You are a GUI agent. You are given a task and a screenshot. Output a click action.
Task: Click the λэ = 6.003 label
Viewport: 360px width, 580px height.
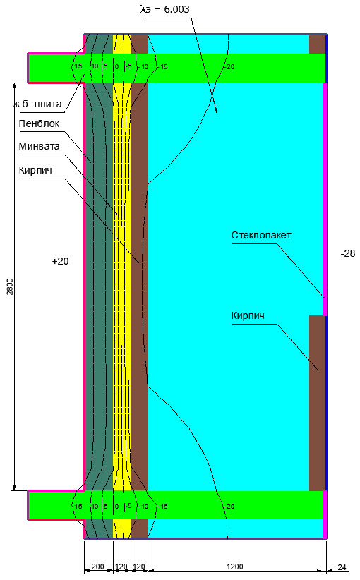165,9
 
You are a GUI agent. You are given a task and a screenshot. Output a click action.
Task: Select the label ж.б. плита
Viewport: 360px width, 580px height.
37,104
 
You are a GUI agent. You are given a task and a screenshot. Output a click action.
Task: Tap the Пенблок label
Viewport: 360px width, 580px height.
39,123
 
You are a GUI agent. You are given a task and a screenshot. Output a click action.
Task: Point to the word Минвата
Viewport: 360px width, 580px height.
40,146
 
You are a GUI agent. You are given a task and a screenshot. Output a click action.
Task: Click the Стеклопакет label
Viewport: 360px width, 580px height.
261,235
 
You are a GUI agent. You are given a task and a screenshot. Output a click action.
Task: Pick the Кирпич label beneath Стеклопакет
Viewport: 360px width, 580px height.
248,316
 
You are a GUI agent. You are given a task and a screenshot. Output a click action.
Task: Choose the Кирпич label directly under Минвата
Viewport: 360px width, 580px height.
35,171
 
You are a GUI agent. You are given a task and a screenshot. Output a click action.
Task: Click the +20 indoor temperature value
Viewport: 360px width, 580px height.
60,262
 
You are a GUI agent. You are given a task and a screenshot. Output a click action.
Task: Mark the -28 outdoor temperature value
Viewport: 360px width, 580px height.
348,254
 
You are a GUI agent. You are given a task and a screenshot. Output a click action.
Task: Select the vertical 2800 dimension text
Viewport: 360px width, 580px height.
10,286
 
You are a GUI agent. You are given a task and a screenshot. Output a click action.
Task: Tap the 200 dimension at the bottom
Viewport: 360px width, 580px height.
97,567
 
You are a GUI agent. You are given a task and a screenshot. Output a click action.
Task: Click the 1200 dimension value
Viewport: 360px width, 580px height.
234,567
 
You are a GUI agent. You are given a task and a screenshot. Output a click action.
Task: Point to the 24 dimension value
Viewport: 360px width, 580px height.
342,567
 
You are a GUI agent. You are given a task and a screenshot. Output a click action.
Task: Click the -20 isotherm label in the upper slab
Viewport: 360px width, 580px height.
229,67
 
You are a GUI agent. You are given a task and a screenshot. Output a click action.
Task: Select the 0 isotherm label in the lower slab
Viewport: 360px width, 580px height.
116,507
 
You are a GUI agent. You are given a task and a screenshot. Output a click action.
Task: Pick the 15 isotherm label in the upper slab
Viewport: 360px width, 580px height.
78,66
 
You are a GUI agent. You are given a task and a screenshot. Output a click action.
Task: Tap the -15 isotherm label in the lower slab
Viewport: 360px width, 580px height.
162,507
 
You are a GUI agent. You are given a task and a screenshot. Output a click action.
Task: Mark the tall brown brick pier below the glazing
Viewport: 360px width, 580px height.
317,403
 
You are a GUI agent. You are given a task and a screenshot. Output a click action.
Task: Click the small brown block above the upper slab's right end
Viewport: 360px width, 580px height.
317,44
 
